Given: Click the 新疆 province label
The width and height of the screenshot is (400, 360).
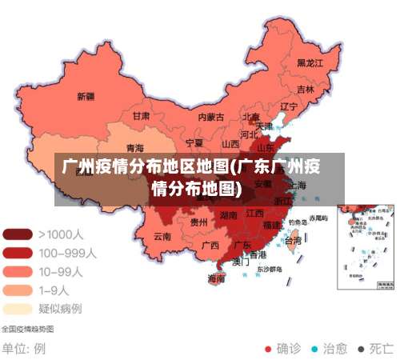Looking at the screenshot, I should point(85,97).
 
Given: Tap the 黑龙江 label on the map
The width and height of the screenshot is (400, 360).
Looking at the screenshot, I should point(310,62).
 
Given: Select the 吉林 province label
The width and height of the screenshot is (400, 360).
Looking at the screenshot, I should point(305,90).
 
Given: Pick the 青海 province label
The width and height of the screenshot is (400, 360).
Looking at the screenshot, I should point(135,148).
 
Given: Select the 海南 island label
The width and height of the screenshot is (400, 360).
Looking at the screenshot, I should point(216,279).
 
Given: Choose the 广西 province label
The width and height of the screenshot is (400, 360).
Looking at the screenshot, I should point(210,245).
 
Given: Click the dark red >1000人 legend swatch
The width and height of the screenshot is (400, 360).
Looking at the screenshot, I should point(18,234).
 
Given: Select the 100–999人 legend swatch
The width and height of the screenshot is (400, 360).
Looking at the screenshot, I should point(18,253).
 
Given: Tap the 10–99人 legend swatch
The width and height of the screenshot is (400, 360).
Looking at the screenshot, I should point(18,271).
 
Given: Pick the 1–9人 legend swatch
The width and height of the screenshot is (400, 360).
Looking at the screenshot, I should point(18,290).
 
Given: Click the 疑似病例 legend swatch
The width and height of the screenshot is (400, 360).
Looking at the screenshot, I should point(18,308).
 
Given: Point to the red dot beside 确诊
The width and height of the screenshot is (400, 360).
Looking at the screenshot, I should point(268,349).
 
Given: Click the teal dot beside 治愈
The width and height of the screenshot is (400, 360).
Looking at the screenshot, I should point(314,349).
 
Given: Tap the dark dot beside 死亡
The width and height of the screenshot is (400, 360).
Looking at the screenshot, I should point(361,349).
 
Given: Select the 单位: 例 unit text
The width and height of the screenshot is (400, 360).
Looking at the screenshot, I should point(23,349).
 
